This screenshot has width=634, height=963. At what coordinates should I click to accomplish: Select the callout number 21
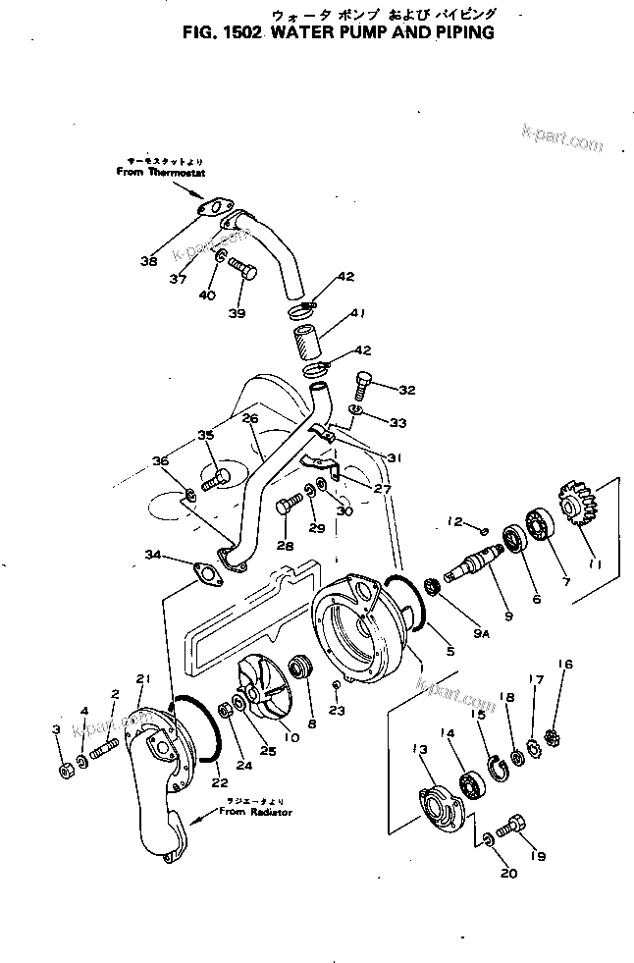pyautogui.click(x=144, y=678)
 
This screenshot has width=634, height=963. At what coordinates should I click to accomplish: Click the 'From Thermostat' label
pyautogui.click(x=154, y=171)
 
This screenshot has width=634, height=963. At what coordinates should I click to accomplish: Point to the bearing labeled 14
pyautogui.click(x=472, y=787)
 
